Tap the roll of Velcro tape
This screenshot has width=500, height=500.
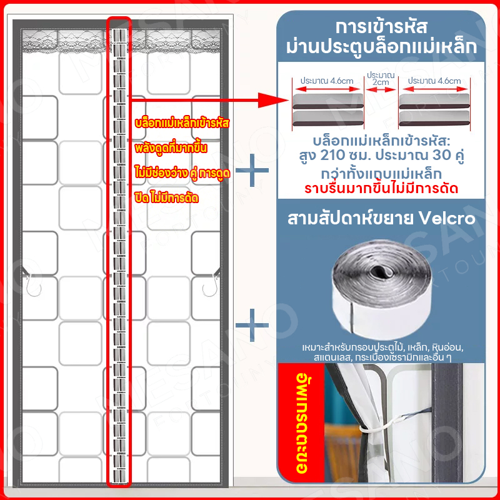tap(382, 289)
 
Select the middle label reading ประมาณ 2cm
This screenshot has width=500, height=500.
tap(381, 79)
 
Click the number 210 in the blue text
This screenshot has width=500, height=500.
tap(332, 155)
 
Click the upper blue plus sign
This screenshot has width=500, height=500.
tap(252, 170)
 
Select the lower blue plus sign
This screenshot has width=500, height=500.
tap(252, 325)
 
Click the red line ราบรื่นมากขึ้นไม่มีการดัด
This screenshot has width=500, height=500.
tap(381, 189)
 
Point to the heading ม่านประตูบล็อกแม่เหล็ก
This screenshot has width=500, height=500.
tap(381, 47)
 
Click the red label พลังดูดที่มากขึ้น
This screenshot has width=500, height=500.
tap(171, 148)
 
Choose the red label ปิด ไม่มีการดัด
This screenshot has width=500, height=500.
tap(166, 198)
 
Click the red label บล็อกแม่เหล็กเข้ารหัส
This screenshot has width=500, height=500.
tap(182, 123)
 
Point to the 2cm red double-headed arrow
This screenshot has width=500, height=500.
tap(381, 89)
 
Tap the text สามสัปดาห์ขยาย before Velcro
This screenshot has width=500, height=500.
tap(351, 218)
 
